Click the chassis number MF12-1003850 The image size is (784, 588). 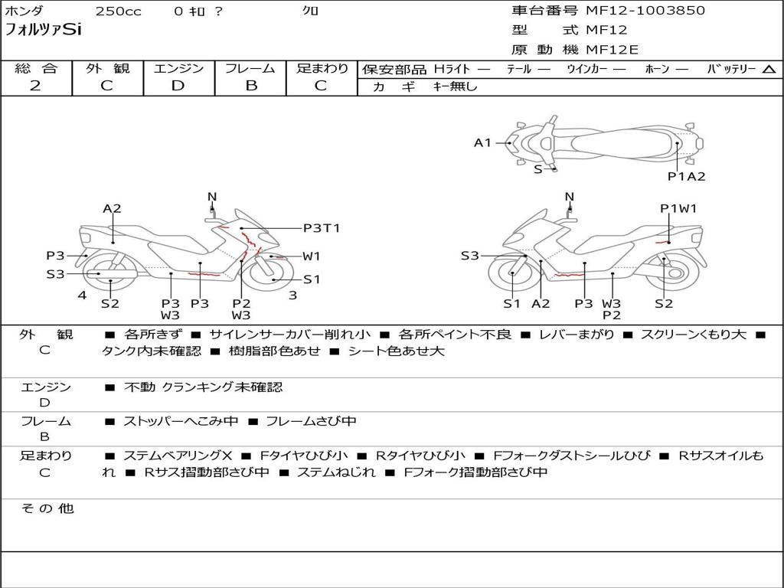click(x=645, y=11)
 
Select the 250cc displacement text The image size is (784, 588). click(x=118, y=11)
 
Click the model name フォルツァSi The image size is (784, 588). click(x=43, y=31)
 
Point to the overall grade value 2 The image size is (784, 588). click(x=35, y=86)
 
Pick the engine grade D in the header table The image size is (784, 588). click(x=178, y=86)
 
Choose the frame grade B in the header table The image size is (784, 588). click(x=250, y=86)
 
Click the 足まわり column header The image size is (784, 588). click(x=322, y=69)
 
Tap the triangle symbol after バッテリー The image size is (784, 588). click(x=769, y=70)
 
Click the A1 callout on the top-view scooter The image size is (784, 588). click(x=482, y=142)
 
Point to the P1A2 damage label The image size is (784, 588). click(x=686, y=176)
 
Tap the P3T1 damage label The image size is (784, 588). click(x=322, y=227)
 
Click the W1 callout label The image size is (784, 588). click(x=312, y=256)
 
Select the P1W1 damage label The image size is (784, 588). click(x=678, y=208)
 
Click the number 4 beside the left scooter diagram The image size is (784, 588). click(x=82, y=295)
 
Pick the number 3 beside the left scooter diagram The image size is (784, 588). click(x=292, y=295)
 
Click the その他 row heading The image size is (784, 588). click(x=47, y=508)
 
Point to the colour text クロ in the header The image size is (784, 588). click(x=311, y=11)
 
